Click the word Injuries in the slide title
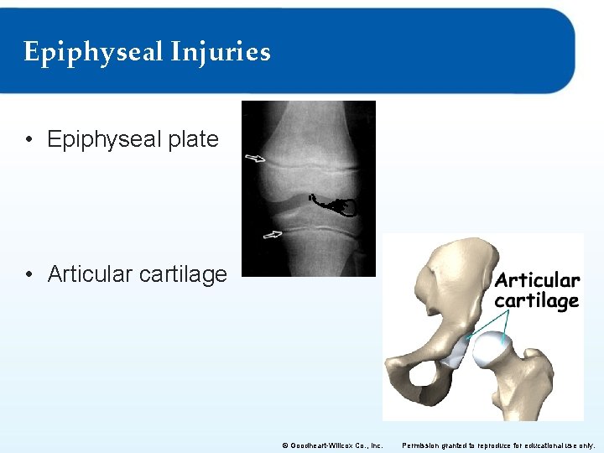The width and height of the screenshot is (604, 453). click(221, 52)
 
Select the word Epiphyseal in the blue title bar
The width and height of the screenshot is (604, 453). click(92, 52)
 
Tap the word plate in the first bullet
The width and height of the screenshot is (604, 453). click(193, 139)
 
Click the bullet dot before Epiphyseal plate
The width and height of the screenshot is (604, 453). click(30, 140)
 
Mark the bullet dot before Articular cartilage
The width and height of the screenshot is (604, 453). click(30, 274)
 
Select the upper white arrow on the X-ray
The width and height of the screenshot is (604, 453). click(255, 158)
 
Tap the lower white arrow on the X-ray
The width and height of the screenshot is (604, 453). click(273, 235)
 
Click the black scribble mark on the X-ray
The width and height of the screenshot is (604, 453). click(336, 204)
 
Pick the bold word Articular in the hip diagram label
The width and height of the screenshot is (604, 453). click(537, 280)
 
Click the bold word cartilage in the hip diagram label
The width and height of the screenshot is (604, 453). click(537, 300)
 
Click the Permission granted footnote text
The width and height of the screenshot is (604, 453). click(498, 445)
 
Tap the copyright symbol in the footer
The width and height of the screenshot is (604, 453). click(285, 445)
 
